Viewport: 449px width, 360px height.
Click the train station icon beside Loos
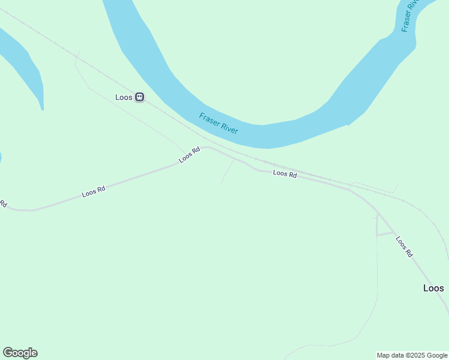139,97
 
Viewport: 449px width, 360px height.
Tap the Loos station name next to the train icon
124,97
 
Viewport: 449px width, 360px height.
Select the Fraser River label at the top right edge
409,16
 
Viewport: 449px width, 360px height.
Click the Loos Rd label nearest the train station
189,155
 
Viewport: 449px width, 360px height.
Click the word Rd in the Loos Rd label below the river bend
292,175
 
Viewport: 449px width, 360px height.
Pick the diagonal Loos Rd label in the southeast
404,246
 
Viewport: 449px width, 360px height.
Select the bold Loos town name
433,288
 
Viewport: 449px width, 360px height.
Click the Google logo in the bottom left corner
20,353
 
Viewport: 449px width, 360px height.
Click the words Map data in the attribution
390,355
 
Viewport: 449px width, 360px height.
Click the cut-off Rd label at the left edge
2,204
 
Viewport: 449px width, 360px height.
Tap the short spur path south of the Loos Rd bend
227,173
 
